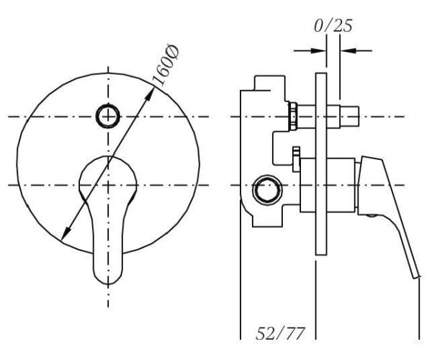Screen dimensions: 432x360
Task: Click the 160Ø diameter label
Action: coord(166,66)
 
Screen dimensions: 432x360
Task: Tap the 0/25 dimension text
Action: coord(333,26)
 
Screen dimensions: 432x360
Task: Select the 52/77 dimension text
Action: coord(281,333)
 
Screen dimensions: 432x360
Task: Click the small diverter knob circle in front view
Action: coord(108,116)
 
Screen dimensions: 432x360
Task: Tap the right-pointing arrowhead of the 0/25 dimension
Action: coord(319,50)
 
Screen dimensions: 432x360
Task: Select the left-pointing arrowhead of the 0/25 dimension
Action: coord(348,50)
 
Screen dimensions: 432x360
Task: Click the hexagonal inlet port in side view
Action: coord(267,189)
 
